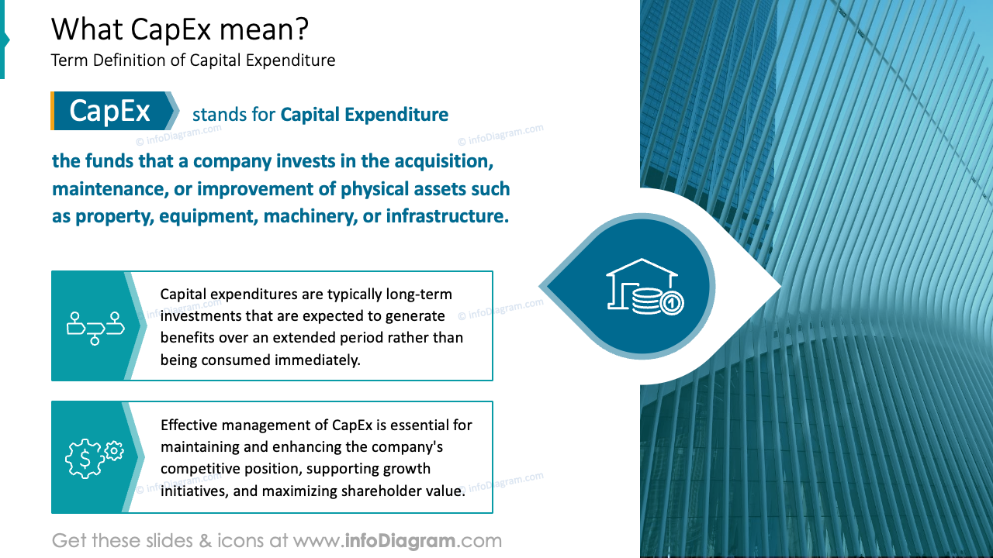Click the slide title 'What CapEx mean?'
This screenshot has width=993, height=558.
click(x=180, y=29)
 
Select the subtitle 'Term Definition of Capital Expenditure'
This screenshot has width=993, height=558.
click(x=193, y=60)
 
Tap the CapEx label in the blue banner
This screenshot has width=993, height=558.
click(x=109, y=112)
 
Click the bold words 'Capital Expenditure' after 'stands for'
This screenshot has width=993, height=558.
click(x=365, y=115)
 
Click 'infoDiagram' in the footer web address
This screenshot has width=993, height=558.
click(x=400, y=540)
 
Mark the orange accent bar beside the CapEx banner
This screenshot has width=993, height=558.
click(x=53, y=111)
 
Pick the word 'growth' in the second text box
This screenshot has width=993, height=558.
click(x=409, y=469)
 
